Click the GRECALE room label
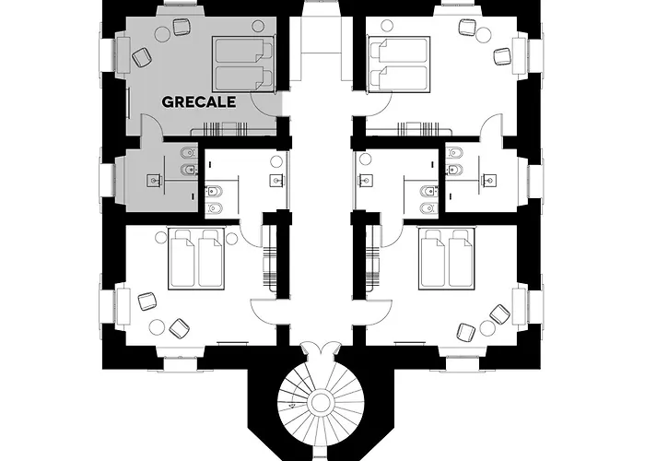click(199, 102)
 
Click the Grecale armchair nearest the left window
click(141, 57)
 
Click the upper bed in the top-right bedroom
click(399, 51)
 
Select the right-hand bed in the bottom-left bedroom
click(211, 259)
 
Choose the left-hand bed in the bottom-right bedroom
click(433, 259)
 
